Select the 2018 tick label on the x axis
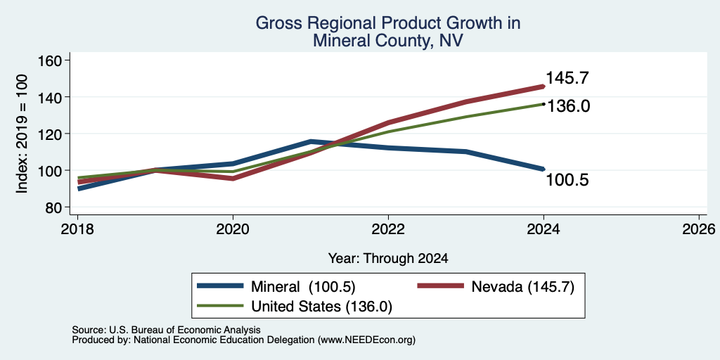77,229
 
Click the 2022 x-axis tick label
388,229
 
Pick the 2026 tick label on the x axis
700,229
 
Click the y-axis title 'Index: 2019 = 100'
22,134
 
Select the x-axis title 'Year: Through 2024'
388,259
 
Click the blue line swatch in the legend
220,286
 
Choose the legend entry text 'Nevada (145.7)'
522,287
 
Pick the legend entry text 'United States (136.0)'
321,307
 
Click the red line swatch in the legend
440,286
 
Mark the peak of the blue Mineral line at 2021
311,141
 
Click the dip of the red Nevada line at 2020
233,179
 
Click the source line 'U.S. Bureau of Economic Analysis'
185,330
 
